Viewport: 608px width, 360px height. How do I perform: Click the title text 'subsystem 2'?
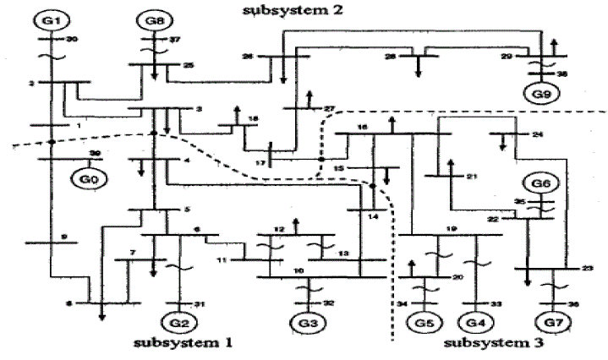278,11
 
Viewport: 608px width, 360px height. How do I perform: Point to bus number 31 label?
199,303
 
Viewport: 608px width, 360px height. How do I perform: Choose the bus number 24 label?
536,135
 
